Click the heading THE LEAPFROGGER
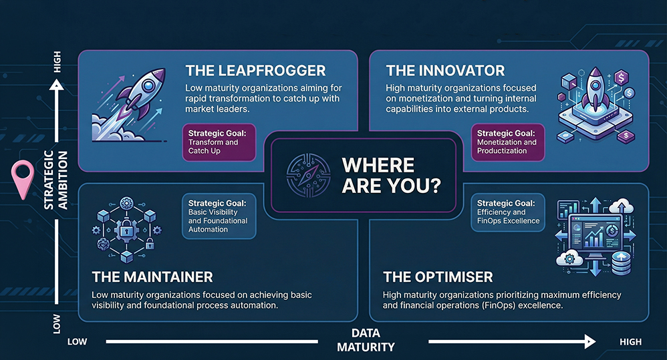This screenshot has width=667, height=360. tap(255, 71)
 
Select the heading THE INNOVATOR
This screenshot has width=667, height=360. tap(445, 71)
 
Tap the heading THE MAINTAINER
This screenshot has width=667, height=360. tap(152, 277)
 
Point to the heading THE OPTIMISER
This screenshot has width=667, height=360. tap(438, 277)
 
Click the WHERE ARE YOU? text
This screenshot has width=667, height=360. tap(392, 176)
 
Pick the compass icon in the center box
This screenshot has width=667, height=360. tap(308, 176)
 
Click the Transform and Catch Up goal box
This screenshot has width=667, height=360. tap(219, 142)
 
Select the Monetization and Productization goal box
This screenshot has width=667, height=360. tap(508, 142)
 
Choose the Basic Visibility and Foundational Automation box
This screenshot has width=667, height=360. tap(219, 216)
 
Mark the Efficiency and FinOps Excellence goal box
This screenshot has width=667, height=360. tap(508, 212)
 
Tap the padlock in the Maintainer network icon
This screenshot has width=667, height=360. tap(126, 230)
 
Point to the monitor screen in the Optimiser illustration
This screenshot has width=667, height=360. tap(595, 232)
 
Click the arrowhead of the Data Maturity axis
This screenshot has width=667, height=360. tap(590, 341)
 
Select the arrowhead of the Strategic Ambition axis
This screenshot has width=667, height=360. tap(57, 85)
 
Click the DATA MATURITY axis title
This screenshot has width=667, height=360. tap(366, 340)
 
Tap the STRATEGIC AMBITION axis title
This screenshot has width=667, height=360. tap(56, 180)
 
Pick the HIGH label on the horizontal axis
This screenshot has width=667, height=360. tap(630, 342)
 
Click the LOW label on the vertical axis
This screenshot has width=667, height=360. tap(57, 325)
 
